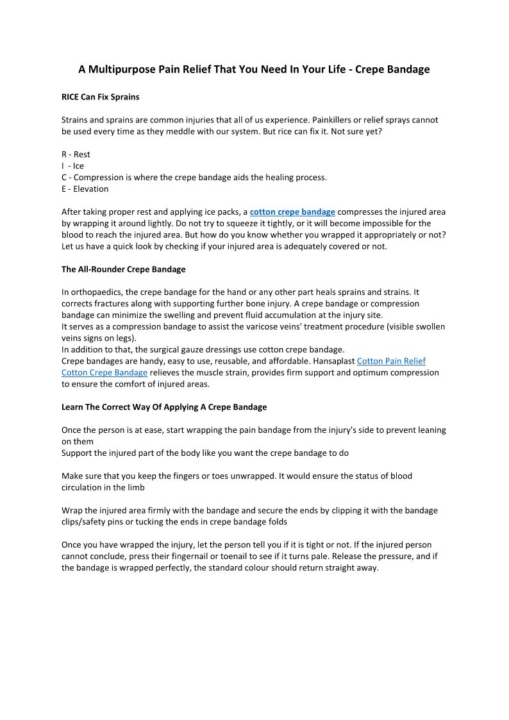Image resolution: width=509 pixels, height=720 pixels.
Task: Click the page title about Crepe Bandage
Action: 254,69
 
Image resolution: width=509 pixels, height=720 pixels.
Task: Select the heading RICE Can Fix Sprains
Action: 100,97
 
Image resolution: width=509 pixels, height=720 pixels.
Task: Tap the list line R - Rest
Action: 76,155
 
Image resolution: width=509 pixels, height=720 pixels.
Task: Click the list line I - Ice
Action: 72,166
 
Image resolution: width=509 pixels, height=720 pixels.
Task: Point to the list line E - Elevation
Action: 85,189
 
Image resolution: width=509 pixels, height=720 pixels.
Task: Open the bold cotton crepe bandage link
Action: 292,212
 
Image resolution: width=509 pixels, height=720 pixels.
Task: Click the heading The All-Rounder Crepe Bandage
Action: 123,269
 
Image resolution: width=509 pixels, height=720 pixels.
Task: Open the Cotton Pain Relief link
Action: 391,362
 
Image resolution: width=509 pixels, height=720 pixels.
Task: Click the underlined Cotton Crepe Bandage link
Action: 104,373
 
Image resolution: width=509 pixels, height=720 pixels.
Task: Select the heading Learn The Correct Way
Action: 163,407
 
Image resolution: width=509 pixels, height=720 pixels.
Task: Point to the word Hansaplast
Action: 333,362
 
